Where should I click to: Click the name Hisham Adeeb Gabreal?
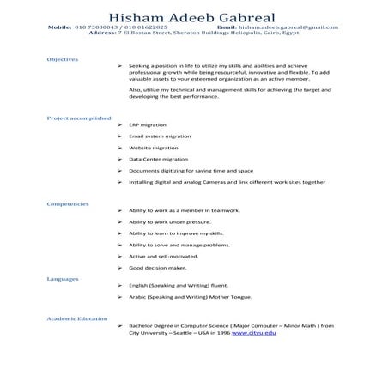click(193, 17)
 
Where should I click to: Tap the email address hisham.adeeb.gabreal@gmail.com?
click(289, 27)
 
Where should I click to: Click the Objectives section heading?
click(63, 59)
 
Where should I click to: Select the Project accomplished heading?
click(78, 117)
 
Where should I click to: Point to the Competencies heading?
click(68, 203)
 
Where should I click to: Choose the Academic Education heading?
click(75, 318)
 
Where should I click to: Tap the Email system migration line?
click(160, 137)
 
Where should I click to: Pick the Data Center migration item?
click(158, 160)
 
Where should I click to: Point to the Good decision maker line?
click(157, 268)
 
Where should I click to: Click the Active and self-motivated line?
click(163, 256)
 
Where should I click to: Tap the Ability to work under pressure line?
click(168, 221)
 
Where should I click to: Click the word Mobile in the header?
click(60, 27)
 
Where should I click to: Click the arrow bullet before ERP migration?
click(118, 126)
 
